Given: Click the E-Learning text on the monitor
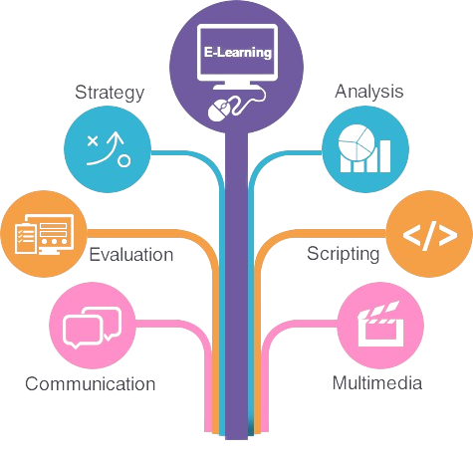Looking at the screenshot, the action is coord(238,52).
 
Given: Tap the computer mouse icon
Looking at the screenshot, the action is coord(219,111).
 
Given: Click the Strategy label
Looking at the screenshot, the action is coord(110,93).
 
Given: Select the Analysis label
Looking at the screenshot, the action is coord(369,92).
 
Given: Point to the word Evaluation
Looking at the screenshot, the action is coord(131,255).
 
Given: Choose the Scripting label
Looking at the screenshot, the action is coord(344,254).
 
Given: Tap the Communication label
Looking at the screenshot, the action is coord(91,384).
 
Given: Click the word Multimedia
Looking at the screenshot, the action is coord(377,383).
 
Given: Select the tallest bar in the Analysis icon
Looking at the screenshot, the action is coord(385,156).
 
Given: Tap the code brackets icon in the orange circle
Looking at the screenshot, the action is coord(430,235).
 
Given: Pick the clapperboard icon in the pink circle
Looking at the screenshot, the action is coord(381,324).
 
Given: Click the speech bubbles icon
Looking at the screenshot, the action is coord(92,328).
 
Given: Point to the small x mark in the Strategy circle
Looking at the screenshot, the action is coord(93,141).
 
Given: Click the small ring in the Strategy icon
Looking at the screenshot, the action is coord(124,161).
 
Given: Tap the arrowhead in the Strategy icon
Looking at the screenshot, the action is coord(116,137).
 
